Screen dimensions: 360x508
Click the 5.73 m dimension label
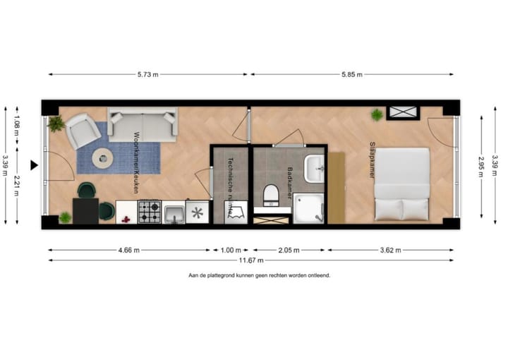(148, 74)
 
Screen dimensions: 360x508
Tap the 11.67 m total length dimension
(251, 260)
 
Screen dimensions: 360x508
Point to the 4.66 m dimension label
(128, 250)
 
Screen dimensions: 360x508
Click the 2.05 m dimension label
(289, 250)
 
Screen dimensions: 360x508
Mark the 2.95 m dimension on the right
(481, 168)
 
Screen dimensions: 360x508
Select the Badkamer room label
(290, 180)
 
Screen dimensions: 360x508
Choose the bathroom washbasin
(314, 168)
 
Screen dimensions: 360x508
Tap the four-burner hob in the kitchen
(150, 211)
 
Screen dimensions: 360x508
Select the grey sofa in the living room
(143, 124)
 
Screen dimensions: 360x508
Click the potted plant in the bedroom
(378, 114)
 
